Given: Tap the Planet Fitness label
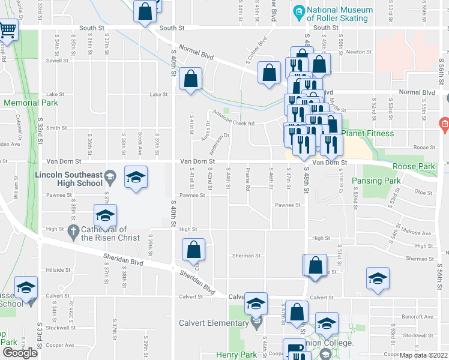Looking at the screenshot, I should tap(368, 133).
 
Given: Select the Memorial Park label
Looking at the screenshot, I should tap(30, 103).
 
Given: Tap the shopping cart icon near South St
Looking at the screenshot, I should tap(8, 29).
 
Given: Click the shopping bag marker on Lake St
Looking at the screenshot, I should tap(190, 79).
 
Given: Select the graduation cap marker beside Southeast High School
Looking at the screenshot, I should tap(136, 177).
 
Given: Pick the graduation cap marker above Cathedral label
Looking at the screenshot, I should tap(106, 216).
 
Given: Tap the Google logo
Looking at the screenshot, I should tap(20, 353).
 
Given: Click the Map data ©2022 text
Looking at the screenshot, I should tap(423, 355).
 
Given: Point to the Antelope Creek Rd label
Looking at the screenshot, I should tap(234, 124).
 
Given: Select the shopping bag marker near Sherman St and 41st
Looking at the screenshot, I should tap(193, 250).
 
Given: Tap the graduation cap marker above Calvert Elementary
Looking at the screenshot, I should tap(256, 304).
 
